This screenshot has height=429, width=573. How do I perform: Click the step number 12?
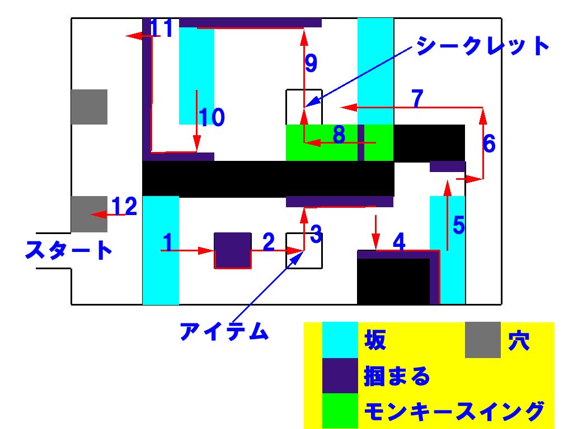pos(124,207)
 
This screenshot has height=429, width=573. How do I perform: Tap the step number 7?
pos(416,98)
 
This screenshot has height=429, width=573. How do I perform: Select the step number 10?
pos(212,118)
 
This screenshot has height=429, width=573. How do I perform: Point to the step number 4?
pos(399,242)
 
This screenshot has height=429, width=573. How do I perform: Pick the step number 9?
pos(311,63)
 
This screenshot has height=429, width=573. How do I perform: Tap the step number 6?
pos(489,144)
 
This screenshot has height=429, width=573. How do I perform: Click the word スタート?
pos(68,250)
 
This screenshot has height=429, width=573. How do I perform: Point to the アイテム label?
pos(224,332)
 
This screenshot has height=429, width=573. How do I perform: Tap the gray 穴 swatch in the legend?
pos(482,340)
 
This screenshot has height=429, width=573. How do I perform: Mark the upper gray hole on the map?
pos(89,107)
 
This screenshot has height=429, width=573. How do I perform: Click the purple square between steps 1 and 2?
pos(232,250)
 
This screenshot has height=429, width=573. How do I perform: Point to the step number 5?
pos(458,225)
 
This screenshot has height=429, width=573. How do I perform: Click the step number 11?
pos(162,28)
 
